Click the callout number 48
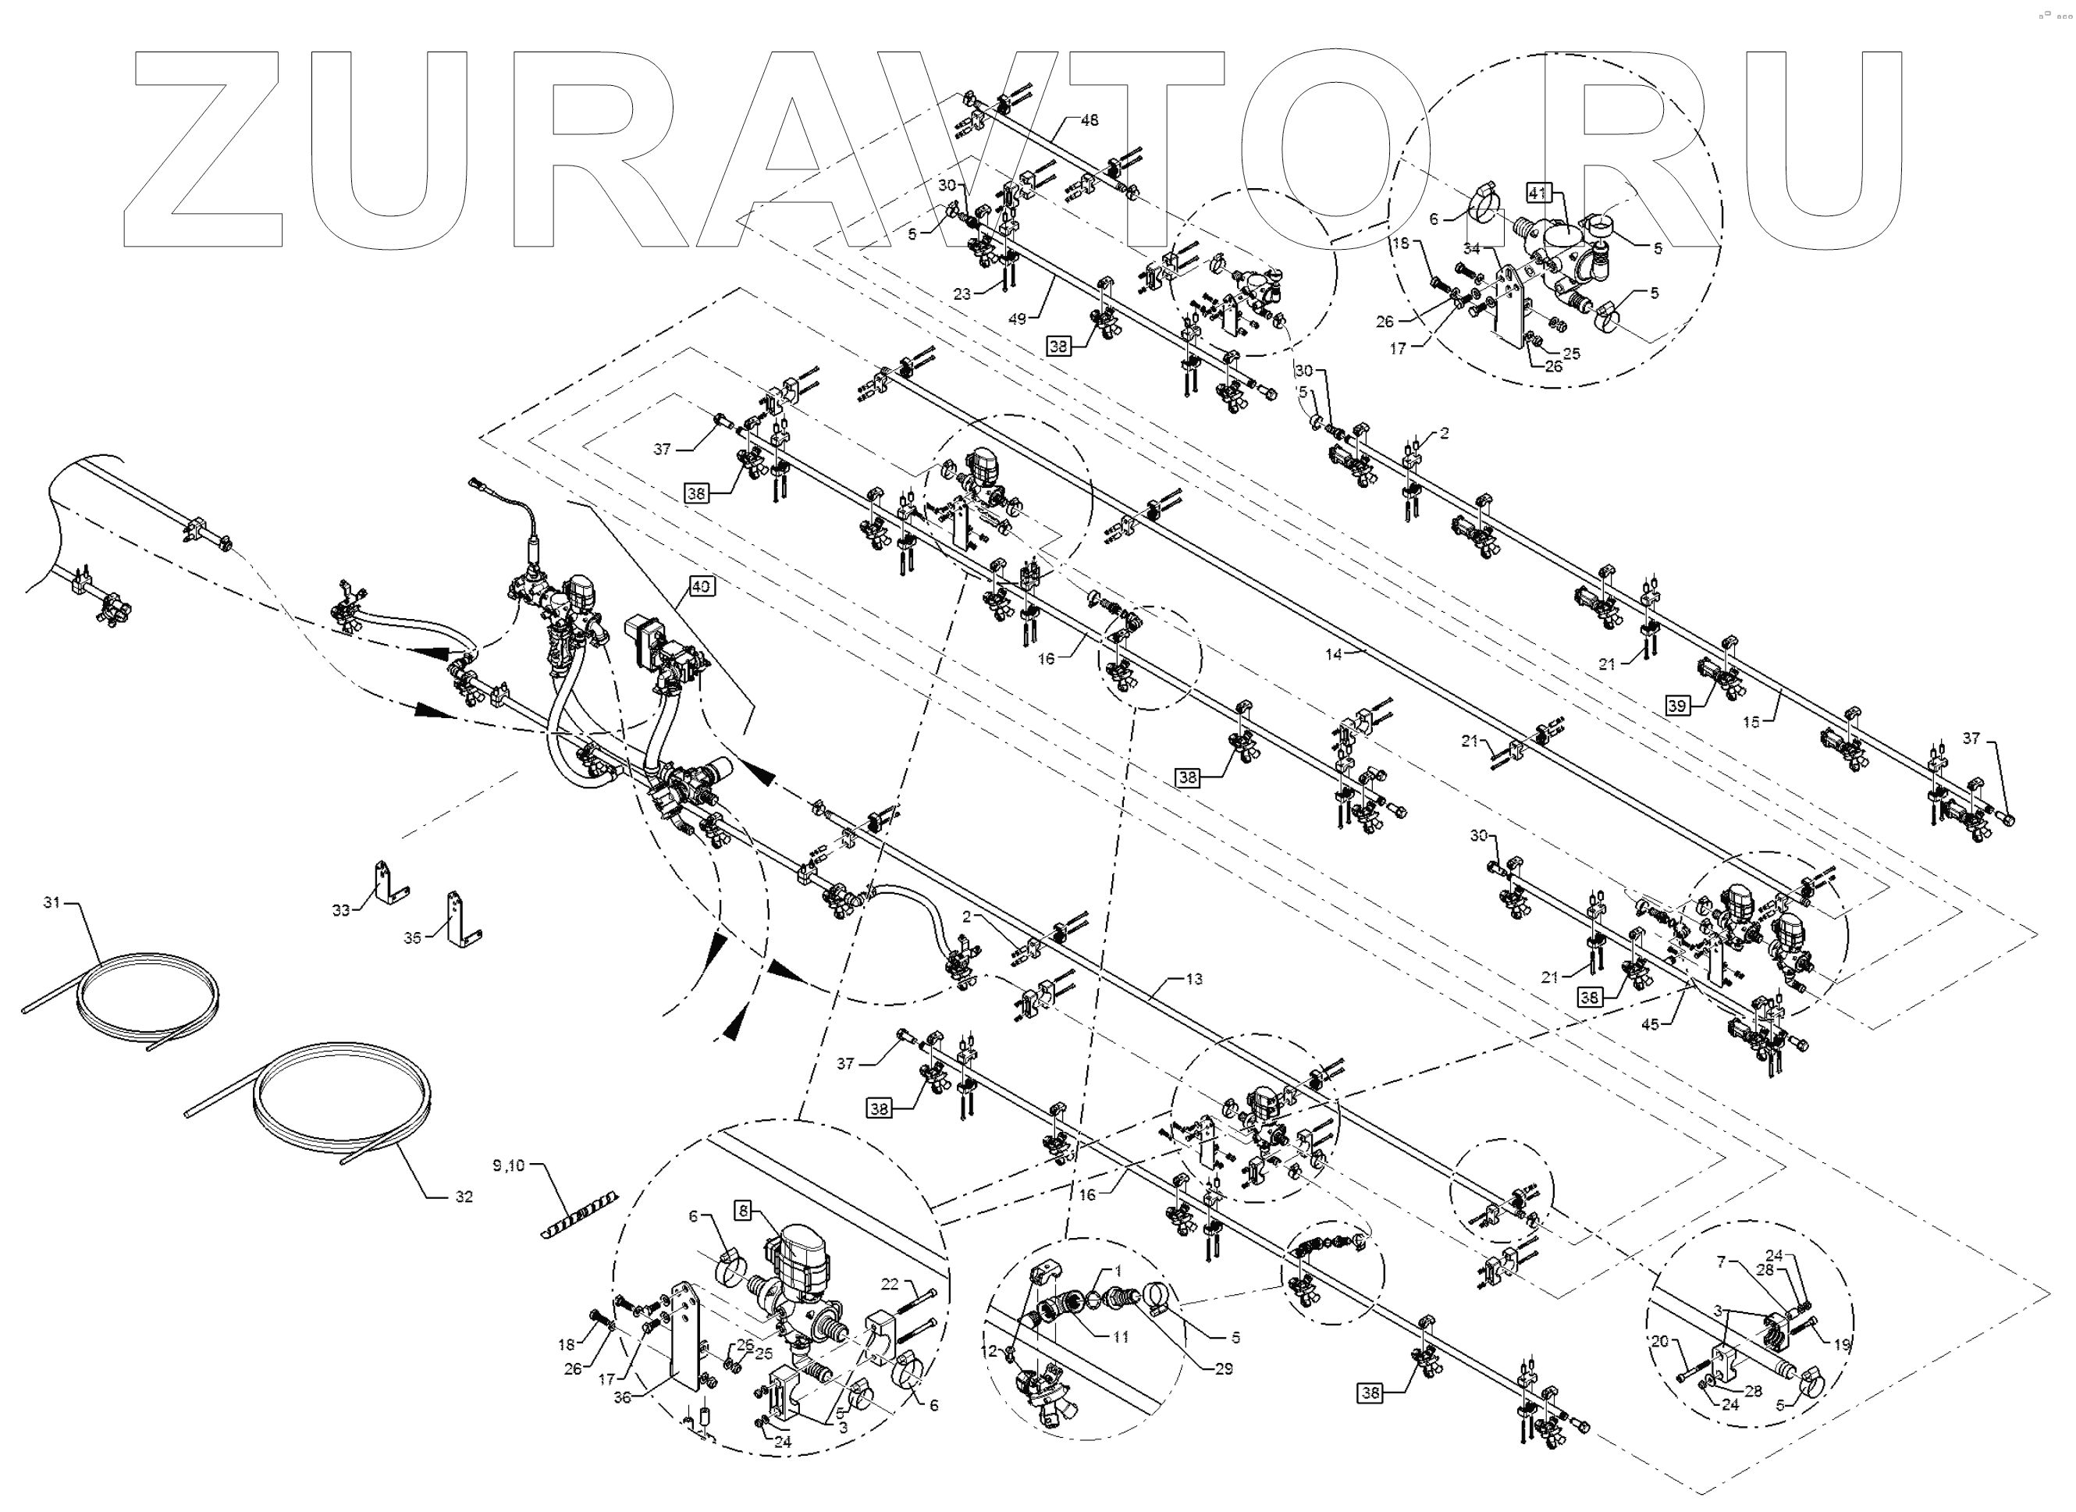tap(1090, 120)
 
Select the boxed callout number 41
tap(1537, 193)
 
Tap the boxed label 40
tap(700, 585)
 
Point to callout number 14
tap(1334, 654)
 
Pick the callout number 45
tap(1649, 1025)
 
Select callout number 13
tap(1193, 980)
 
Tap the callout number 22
tap(890, 1284)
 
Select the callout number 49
tap(1018, 318)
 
